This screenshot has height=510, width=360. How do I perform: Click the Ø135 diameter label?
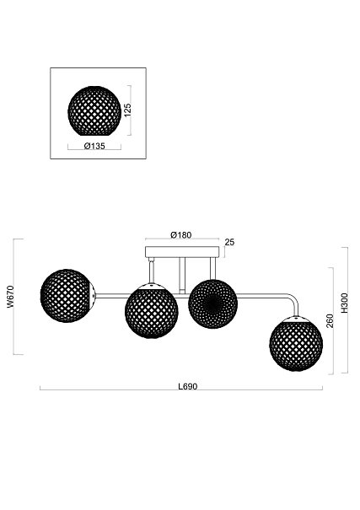click(x=94, y=146)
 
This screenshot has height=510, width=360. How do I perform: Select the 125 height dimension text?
click(x=127, y=110)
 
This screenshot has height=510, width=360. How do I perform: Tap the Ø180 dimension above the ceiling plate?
click(x=180, y=235)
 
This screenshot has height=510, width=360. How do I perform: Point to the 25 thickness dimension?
click(x=229, y=242)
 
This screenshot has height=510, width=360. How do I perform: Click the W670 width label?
click(x=10, y=297)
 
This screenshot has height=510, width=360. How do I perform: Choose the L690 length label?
click(x=188, y=386)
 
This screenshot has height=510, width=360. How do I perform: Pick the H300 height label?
click(x=344, y=303)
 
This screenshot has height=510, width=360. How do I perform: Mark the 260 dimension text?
click(x=330, y=320)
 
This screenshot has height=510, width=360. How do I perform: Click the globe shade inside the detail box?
click(x=94, y=111)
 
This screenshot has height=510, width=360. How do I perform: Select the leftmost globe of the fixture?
click(x=67, y=296)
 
